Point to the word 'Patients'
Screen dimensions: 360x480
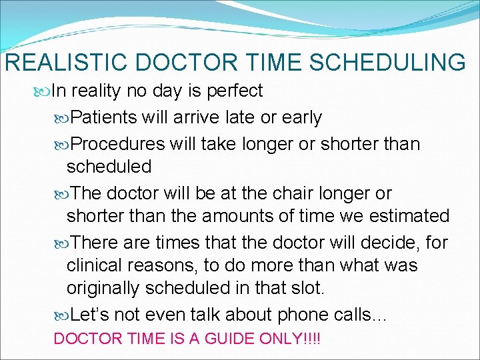tap(103, 118)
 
